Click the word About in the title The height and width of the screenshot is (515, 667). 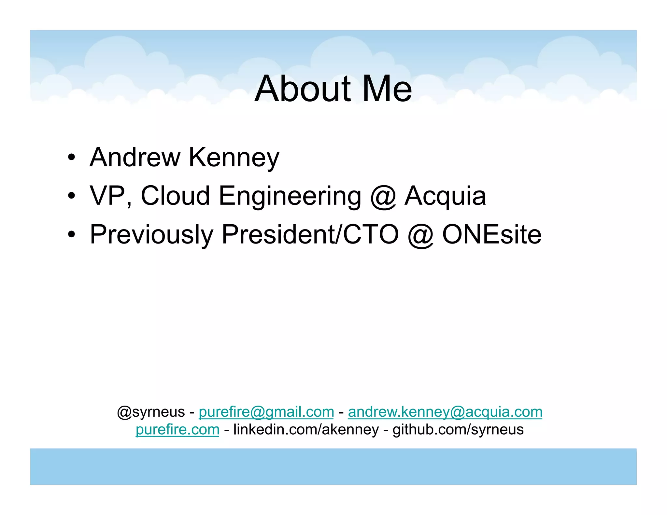pos(303,89)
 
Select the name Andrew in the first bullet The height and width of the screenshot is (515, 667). pos(135,157)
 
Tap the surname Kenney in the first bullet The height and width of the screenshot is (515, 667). pos(234,158)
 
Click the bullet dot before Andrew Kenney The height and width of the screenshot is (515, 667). pos(72,158)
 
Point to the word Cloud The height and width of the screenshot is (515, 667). pos(175,196)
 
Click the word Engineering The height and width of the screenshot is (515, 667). pos(290,196)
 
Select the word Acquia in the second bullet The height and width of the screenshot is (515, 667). pos(445,196)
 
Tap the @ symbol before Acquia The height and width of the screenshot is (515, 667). pos(383,197)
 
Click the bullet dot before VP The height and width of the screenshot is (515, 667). pos(72,196)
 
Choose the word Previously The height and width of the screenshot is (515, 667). pos(151,235)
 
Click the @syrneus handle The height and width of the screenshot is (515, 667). pos(151,412)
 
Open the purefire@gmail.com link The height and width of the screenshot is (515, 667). pos(266,412)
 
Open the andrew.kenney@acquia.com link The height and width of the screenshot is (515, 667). pos(445,412)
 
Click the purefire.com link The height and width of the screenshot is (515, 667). pos(177,429)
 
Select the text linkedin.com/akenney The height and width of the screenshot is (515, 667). pos(306,429)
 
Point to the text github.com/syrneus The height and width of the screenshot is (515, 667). pos(458,429)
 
